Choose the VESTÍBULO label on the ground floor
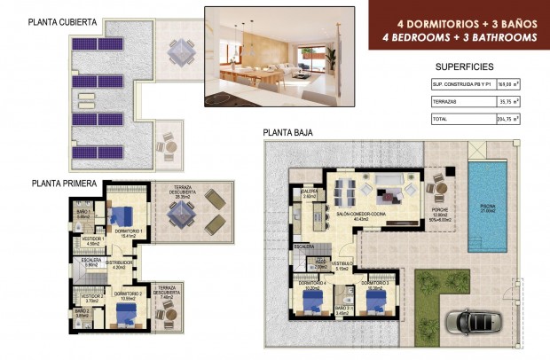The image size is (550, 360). click(342, 264)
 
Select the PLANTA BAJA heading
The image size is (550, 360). click(287, 133)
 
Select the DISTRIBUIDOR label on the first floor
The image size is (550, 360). click(119, 262)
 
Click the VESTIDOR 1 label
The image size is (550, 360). click(93, 239)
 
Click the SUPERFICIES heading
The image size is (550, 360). click(465, 67)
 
